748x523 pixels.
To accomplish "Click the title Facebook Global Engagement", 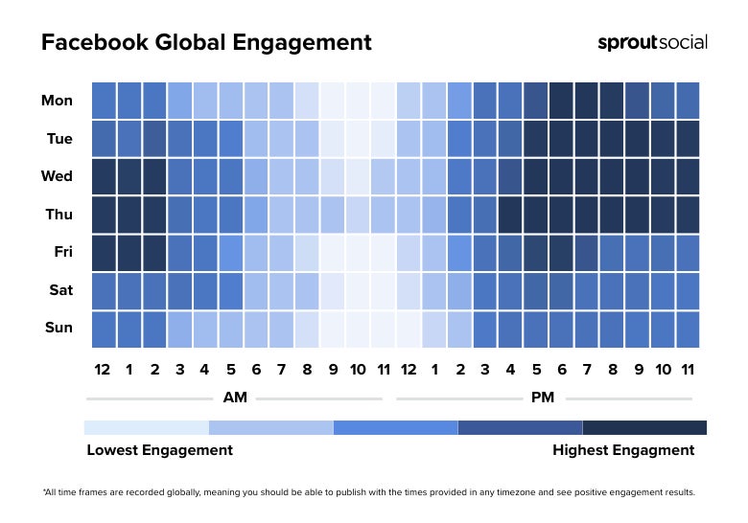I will pyautogui.click(x=206, y=43).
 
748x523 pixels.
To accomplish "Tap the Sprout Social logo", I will pyautogui.click(x=652, y=42).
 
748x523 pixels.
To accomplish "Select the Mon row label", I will pyautogui.click(x=58, y=101).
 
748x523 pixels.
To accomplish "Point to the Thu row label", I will pyautogui.click(x=59, y=215).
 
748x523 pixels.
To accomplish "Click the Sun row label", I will pyautogui.click(x=58, y=328).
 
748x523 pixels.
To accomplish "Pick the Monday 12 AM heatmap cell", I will pyautogui.click(x=104, y=101).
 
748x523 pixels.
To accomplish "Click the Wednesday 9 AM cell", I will pyautogui.click(x=332, y=176).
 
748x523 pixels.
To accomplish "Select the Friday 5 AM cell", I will pyautogui.click(x=231, y=252).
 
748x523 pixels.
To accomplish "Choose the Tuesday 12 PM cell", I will pyautogui.click(x=408, y=139).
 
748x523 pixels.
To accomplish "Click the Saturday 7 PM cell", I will pyautogui.click(x=586, y=290).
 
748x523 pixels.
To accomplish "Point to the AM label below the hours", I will pyautogui.click(x=234, y=397).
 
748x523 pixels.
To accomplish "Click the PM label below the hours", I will pyautogui.click(x=544, y=397).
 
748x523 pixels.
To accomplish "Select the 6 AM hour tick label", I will pyautogui.click(x=256, y=370).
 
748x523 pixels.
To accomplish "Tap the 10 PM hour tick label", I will pyautogui.click(x=662, y=370).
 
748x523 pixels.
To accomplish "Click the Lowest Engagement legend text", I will pyautogui.click(x=159, y=449).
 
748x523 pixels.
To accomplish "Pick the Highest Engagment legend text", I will pyautogui.click(x=623, y=449).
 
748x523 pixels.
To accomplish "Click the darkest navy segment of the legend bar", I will pyautogui.click(x=644, y=427).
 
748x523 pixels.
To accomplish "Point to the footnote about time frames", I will pyautogui.click(x=369, y=492).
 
